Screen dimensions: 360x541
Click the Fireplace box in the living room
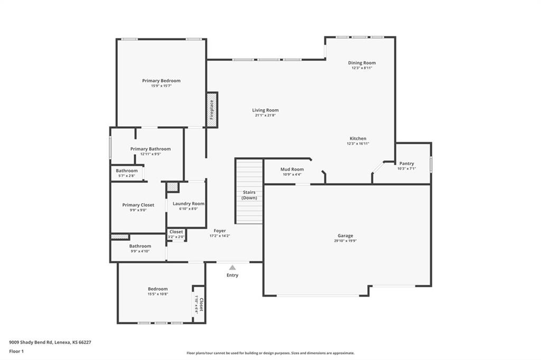coord(212,110)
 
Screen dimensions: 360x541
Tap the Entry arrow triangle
coord(232,268)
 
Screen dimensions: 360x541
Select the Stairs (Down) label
coord(249,195)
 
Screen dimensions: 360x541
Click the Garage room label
coord(346,235)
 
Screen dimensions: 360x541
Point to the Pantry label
coord(406,164)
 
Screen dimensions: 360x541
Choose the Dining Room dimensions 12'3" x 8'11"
coord(362,68)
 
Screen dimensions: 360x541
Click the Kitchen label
coord(358,139)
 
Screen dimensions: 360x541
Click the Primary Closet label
coord(138,205)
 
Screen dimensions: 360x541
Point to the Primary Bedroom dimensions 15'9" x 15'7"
coord(161,86)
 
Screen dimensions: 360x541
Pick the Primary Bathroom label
coord(151,149)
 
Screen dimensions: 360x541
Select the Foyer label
coord(220,231)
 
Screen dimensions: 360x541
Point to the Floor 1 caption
coord(16,351)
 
